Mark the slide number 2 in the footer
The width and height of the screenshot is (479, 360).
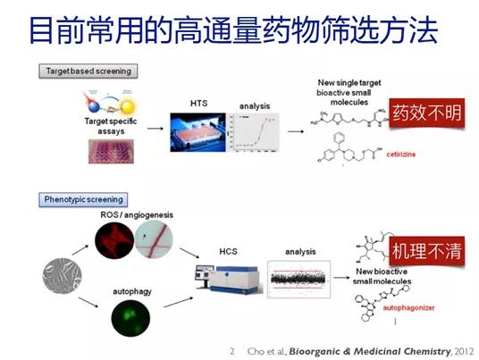[231, 350]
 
